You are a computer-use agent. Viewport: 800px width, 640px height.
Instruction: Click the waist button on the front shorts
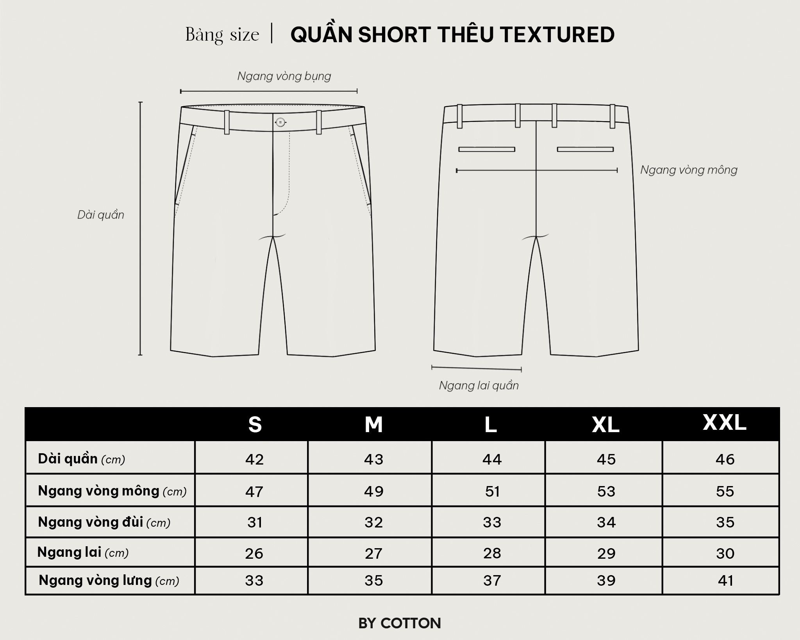click(x=280, y=122)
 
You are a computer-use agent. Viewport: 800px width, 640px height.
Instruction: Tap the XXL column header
click(x=725, y=422)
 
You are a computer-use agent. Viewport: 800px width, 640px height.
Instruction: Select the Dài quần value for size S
click(x=255, y=459)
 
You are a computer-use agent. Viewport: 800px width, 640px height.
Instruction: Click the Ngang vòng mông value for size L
click(x=492, y=491)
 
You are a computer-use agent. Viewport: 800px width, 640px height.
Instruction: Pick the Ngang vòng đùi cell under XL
click(x=606, y=522)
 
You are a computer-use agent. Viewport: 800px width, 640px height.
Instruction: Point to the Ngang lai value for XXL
click(x=725, y=553)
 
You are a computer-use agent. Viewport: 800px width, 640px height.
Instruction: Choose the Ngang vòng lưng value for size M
click(x=373, y=581)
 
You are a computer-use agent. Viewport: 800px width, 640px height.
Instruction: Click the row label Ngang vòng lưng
click(x=109, y=581)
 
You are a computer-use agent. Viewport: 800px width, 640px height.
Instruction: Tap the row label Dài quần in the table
click(x=81, y=459)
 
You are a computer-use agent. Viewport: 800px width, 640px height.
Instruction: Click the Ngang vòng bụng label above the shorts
click(x=284, y=76)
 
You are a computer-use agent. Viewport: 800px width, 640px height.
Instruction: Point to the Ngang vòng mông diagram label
click(x=689, y=170)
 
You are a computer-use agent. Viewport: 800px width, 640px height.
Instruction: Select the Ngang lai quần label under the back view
click(x=479, y=385)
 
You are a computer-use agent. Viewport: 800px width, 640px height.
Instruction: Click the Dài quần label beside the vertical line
click(x=101, y=215)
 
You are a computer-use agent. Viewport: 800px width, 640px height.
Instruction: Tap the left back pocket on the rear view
click(x=487, y=149)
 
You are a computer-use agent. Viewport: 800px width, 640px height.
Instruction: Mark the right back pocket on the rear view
click(x=585, y=149)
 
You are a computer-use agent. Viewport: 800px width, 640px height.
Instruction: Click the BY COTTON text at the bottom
click(x=400, y=623)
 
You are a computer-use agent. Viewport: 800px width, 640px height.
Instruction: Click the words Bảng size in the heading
click(x=222, y=35)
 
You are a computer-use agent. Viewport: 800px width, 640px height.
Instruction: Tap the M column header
click(x=373, y=424)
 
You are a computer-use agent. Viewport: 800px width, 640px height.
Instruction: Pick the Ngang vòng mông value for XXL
click(x=725, y=491)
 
